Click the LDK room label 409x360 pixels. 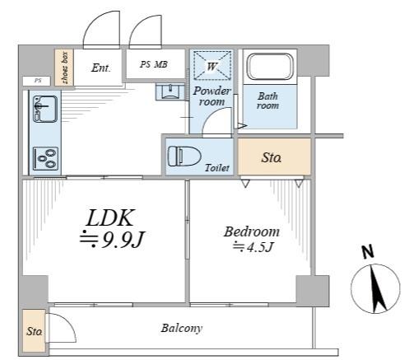(110, 218)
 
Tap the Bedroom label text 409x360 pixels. (252, 231)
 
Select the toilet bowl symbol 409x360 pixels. (184, 156)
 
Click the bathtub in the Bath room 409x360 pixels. (270, 67)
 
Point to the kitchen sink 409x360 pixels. (45, 109)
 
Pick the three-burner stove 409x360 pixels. (46, 158)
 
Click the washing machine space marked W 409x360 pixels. (211, 66)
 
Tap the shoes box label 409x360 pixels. (65, 68)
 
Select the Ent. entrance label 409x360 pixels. (100, 68)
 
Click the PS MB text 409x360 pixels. (154, 64)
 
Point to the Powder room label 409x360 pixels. (211, 96)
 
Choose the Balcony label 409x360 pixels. (182, 328)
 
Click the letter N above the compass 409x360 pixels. (368, 251)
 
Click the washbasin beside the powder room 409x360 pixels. (170, 92)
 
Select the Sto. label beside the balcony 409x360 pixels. (35, 331)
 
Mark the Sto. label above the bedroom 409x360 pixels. (272, 157)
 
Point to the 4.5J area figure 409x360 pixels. (260, 247)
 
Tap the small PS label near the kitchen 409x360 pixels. (38, 81)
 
